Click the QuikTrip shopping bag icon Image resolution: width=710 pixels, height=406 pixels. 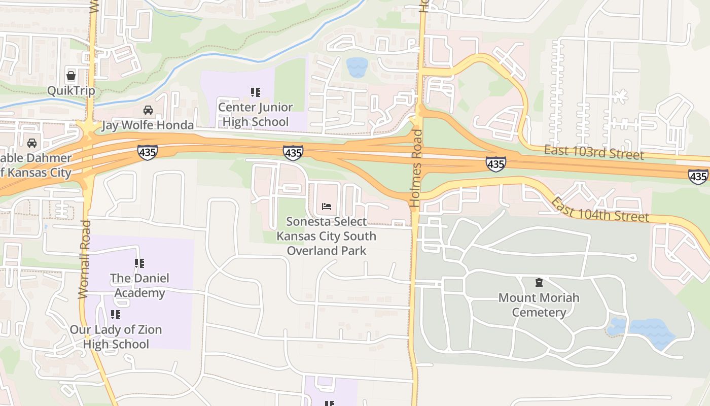coord(71,76)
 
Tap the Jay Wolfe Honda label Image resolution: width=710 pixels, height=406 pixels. coord(148,125)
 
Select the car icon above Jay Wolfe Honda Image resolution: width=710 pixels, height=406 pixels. coord(148,110)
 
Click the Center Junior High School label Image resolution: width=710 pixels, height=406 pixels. coord(256,115)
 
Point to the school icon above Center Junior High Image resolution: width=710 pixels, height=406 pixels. coord(256,92)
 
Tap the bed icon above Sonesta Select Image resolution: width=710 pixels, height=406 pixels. coord(327,207)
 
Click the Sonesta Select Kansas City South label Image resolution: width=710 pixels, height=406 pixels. coord(326,236)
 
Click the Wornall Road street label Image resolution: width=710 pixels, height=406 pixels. coord(85,259)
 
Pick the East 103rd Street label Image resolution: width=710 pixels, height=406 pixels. coord(593,152)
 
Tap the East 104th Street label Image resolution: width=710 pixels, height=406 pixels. coord(600,210)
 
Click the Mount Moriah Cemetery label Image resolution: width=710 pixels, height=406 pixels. coord(539,305)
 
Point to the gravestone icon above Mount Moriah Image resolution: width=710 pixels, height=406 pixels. coord(539,283)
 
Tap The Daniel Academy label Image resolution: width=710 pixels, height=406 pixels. coord(139,286)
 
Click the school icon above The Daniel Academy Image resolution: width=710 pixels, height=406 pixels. coord(139,263)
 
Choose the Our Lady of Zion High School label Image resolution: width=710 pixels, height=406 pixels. coord(116,337)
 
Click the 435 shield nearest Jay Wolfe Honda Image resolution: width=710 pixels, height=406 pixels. coord(147,152)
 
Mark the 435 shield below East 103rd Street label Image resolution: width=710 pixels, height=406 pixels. coord(495,164)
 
